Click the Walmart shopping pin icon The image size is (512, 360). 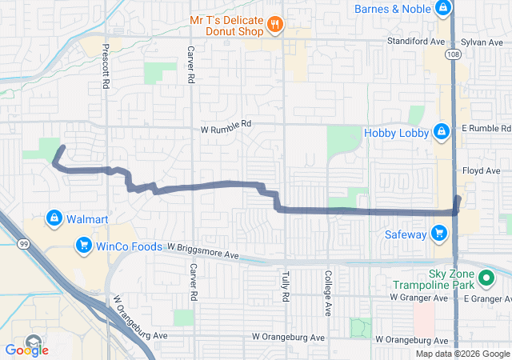pos(54,218)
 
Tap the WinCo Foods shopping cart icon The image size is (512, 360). pos(82,245)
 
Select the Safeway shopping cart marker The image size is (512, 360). pos(439,234)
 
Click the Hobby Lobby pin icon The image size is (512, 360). pos(441,131)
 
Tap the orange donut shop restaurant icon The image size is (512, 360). pos(275,24)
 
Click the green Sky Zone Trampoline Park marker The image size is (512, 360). pos(485,278)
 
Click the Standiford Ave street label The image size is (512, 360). pos(415,39)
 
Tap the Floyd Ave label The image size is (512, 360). pos(482,170)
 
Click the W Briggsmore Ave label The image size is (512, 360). pos(203,253)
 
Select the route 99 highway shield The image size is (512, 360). pos(26,246)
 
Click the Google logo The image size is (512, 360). pos(27,349)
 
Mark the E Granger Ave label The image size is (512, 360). pos(487,298)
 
